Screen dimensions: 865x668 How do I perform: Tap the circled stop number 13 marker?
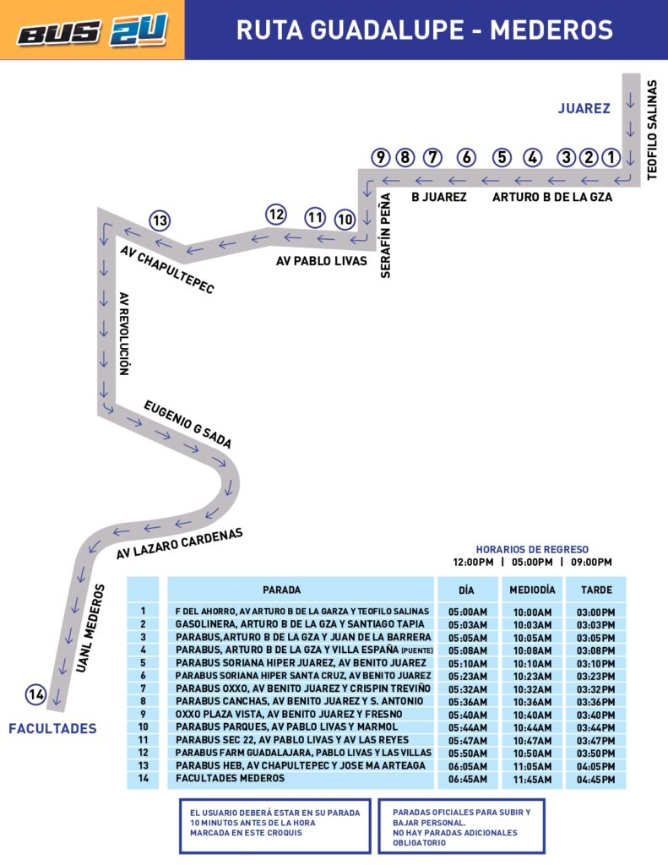pos(160,221)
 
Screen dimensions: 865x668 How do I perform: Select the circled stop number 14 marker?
pos(35,694)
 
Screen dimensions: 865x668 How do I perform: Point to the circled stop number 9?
pos(381,157)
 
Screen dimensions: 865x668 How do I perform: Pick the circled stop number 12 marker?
pos(276,215)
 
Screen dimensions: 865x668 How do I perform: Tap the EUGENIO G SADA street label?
pos(187,423)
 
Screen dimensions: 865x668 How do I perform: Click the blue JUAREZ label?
pos(584,108)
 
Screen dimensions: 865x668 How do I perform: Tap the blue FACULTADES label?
pos(52,728)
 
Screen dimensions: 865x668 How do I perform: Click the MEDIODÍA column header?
pos(532,590)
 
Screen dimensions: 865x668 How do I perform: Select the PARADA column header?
pos(281,590)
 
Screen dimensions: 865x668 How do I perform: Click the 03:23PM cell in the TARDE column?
pos(596,676)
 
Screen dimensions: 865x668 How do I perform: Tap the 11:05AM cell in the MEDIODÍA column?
pos(532,765)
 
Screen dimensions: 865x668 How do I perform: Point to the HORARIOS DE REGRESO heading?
pos(532,549)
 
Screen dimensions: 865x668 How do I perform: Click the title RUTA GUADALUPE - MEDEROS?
pos(425,30)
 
